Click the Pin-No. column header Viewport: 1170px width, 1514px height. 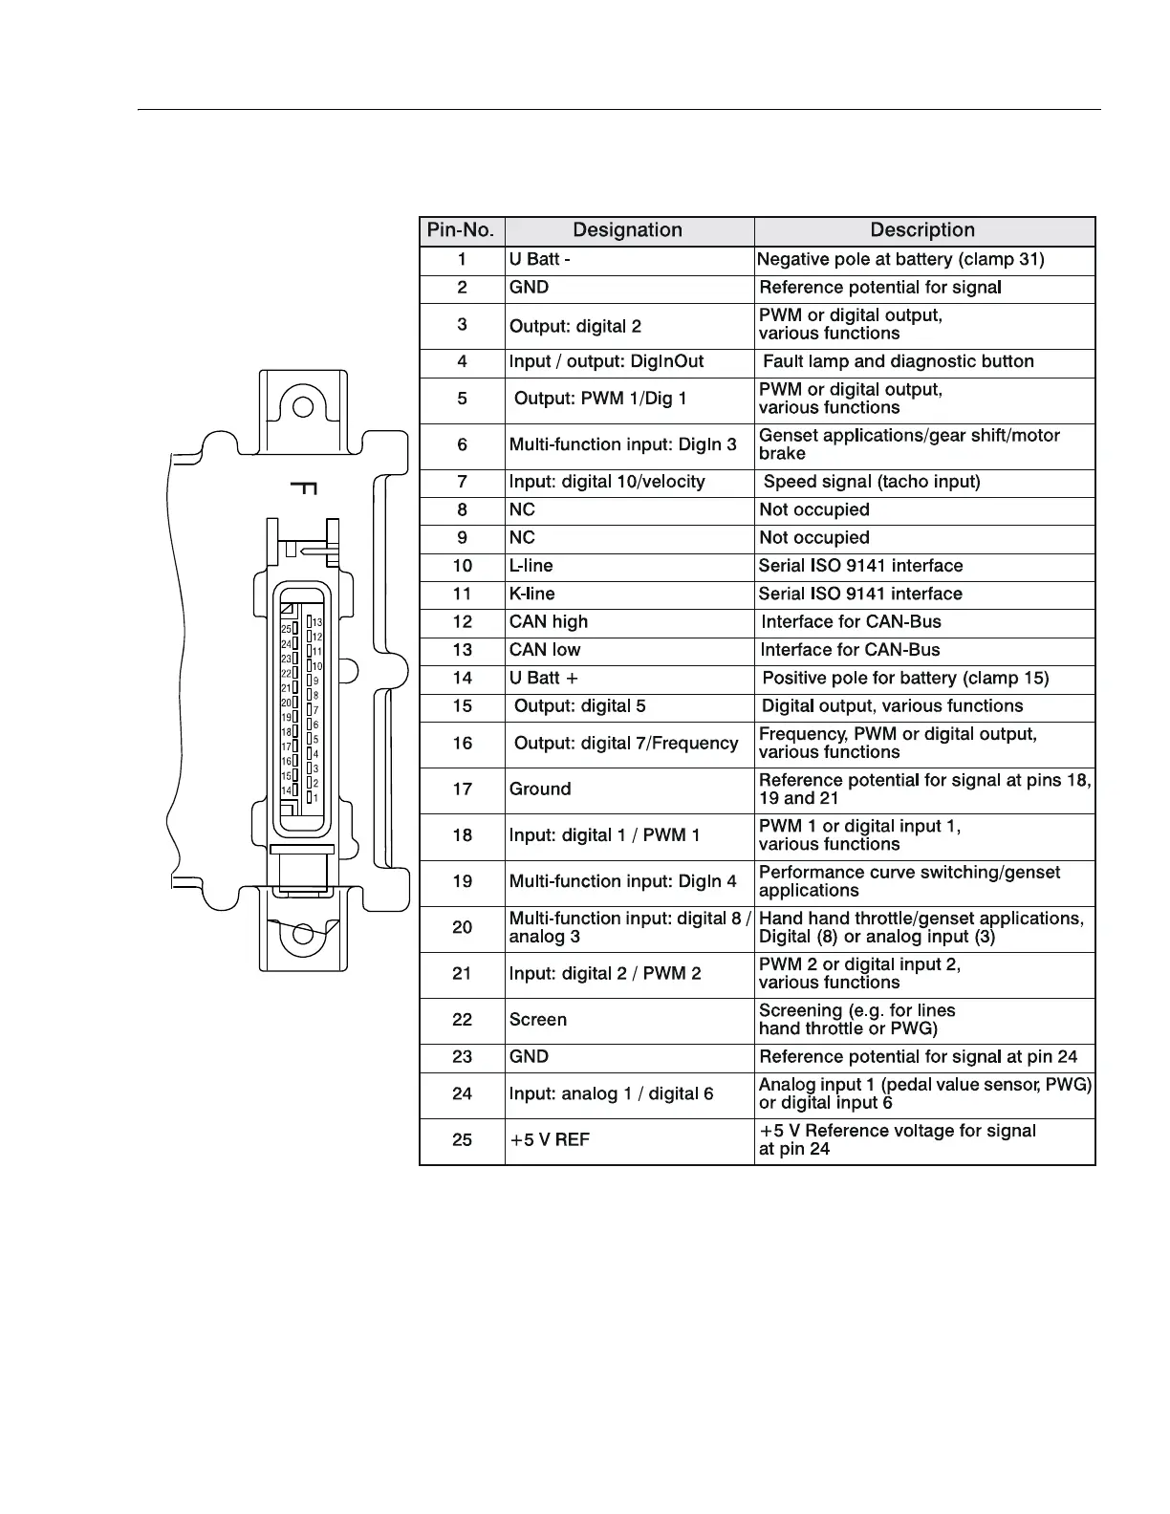coord(461,230)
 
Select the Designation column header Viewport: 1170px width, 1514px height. coord(627,230)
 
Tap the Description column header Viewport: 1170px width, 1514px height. coord(922,230)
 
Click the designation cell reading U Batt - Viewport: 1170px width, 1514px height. coord(540,259)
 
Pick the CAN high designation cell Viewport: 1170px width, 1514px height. coord(549,622)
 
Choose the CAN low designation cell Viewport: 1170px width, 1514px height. coord(545,650)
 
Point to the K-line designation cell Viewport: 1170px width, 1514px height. coord(532,594)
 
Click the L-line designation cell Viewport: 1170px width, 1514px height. coord(531,566)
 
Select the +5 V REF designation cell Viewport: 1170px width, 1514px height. coord(550,1140)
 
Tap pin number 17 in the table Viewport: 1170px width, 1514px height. coord(463,789)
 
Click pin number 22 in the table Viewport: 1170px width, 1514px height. coord(463,1020)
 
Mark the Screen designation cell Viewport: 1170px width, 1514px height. coord(538,1020)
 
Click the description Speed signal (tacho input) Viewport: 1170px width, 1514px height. coord(872,482)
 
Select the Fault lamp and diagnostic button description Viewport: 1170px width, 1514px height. coord(899,361)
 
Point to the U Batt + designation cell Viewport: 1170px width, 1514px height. coord(544,679)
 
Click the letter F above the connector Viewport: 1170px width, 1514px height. coord(303,488)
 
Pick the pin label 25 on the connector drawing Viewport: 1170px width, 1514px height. coord(286,629)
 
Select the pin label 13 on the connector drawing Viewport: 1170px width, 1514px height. coord(317,622)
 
